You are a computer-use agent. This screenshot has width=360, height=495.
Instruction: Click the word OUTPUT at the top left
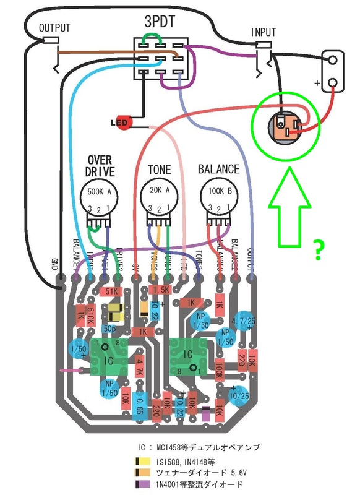point(54,28)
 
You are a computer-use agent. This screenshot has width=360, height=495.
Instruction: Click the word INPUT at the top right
point(264,32)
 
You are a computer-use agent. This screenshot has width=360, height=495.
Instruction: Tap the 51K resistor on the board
point(113,292)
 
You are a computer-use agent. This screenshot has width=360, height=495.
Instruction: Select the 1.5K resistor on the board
point(161,290)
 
